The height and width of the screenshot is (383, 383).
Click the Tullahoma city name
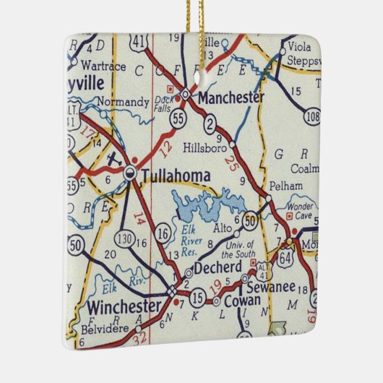(176, 176)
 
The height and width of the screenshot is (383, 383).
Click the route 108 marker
(312, 116)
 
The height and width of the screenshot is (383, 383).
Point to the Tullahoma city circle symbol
(130, 172)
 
